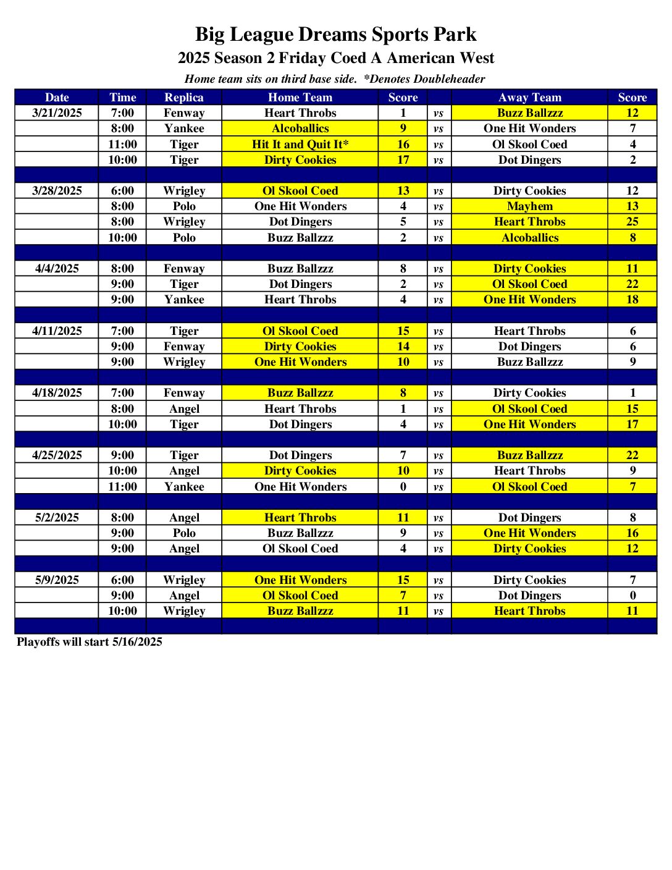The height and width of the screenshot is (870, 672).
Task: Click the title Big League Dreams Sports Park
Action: click(335, 34)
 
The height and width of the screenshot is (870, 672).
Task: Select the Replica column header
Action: click(184, 97)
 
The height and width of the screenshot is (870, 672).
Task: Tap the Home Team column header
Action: click(300, 97)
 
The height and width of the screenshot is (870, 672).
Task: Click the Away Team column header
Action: click(529, 97)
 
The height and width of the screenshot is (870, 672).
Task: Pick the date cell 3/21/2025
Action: click(57, 113)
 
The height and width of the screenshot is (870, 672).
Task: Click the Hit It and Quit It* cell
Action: click(300, 144)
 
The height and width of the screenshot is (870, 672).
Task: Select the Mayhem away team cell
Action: click(529, 206)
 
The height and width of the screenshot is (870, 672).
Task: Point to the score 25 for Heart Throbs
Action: click(632, 222)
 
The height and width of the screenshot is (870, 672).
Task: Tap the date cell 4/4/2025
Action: click(57, 269)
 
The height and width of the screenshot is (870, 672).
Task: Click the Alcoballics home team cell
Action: click(300, 129)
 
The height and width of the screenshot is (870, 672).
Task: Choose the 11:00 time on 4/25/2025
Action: click(122, 486)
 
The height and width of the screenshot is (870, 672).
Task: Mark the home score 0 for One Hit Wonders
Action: click(403, 486)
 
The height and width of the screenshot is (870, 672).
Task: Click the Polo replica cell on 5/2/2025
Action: click(184, 533)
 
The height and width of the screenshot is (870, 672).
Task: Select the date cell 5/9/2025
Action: click(57, 580)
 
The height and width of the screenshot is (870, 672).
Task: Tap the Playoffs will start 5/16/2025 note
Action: click(90, 642)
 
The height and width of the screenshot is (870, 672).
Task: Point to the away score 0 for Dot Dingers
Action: click(632, 596)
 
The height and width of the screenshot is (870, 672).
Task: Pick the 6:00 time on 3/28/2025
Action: click(122, 191)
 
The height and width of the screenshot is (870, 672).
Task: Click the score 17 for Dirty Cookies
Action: click(403, 160)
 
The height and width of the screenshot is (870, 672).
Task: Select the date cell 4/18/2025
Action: click(57, 393)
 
